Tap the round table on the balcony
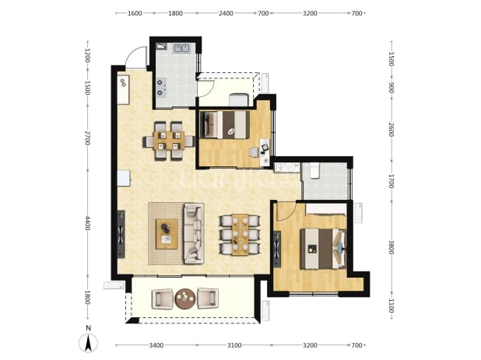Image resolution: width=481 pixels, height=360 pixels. click(x=185, y=299)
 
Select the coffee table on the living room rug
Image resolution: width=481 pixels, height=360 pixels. click(x=167, y=234)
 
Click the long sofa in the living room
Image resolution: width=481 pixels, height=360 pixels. click(x=194, y=233)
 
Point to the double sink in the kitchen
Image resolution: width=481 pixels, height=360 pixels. click(x=181, y=48)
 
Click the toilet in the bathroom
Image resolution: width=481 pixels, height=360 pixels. click(x=314, y=170)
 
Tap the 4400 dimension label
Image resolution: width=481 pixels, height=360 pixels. click(x=87, y=223)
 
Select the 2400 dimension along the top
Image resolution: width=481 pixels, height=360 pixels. click(x=226, y=13)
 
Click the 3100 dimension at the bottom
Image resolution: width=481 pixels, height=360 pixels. click(x=234, y=345)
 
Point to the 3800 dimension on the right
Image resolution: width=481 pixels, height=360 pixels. click(x=391, y=247)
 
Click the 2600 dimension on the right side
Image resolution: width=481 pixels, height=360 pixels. click(x=391, y=129)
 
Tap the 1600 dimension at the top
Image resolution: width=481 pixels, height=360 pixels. click(x=135, y=13)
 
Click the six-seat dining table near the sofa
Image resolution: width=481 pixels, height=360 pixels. click(x=240, y=235)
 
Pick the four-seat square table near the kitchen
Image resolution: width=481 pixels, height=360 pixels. click(x=169, y=141)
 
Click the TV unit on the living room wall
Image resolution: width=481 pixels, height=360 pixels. click(x=121, y=234)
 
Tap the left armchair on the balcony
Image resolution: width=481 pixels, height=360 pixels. click(x=163, y=299)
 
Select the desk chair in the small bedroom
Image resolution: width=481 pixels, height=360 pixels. click(x=254, y=152)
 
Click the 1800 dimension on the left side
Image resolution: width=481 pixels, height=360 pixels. click(x=87, y=298)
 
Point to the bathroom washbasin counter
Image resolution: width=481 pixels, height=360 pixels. click(x=287, y=167)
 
